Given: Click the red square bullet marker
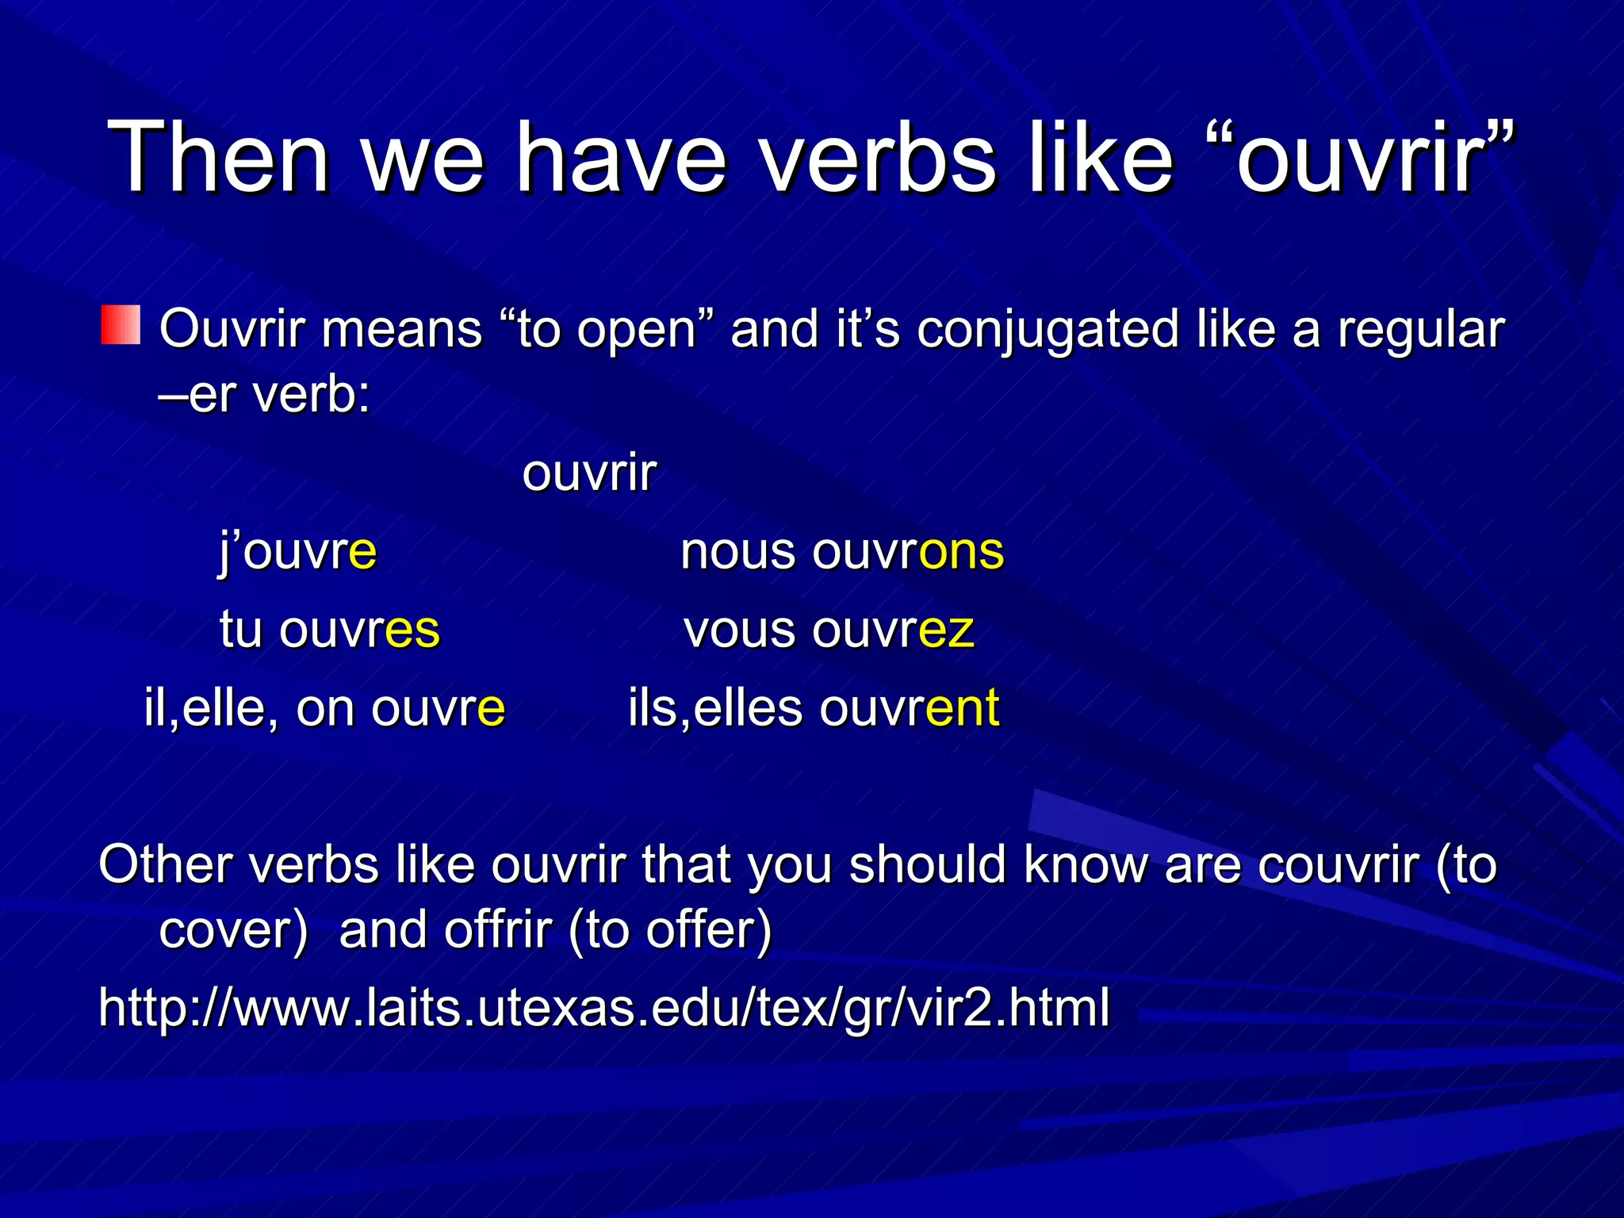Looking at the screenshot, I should click(121, 325).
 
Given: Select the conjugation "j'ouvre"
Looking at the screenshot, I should click(298, 551).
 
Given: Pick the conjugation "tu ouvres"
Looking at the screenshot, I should click(329, 630).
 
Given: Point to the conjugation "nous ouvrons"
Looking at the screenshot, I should click(842, 551).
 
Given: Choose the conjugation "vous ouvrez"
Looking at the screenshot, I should click(829, 630).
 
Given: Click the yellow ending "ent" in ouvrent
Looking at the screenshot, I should click(963, 707).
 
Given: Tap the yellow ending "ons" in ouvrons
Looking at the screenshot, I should click(961, 551).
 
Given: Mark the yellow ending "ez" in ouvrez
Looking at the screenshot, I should click(947, 630).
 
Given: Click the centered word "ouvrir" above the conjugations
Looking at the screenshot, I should click(589, 473).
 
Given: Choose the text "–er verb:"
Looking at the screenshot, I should click(265, 394).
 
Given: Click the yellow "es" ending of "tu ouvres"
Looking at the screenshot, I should click(412, 630).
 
